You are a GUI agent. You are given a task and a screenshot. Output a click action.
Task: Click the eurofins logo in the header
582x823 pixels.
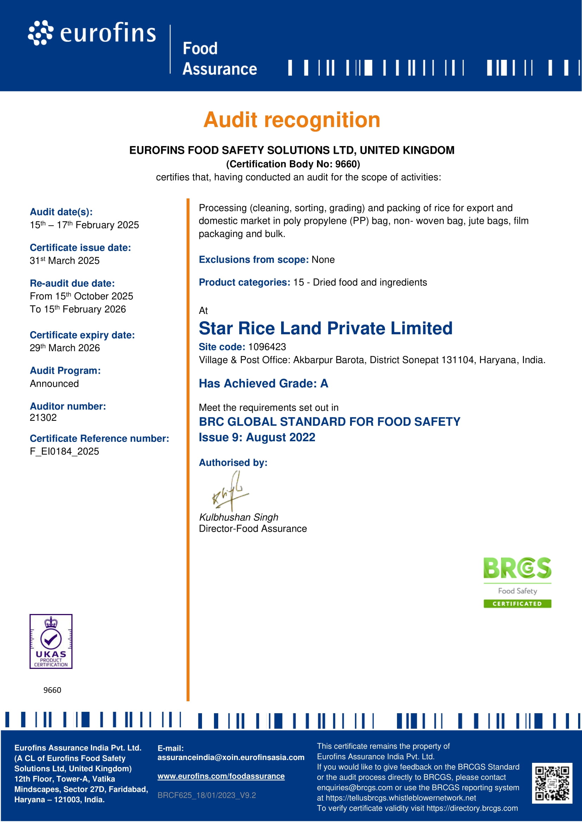click(92, 33)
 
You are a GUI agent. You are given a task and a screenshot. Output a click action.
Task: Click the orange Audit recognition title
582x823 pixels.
click(292, 120)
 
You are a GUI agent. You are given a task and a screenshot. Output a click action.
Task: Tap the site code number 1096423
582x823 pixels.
click(267, 347)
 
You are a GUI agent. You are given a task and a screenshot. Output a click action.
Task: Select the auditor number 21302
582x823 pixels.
click(43, 418)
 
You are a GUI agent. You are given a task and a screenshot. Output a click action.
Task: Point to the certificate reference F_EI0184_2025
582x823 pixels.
click(64, 452)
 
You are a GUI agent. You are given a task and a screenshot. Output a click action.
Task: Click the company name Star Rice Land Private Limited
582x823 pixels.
click(325, 328)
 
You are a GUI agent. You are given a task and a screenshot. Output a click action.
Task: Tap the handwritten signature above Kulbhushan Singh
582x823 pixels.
click(230, 491)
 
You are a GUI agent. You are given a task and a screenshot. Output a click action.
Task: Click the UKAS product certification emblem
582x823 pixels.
click(51, 642)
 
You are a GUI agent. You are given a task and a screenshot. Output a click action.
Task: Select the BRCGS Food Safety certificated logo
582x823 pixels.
click(517, 582)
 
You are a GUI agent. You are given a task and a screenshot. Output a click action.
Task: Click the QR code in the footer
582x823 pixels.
click(552, 784)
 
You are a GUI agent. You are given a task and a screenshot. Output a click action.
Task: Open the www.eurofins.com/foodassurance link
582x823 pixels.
click(221, 777)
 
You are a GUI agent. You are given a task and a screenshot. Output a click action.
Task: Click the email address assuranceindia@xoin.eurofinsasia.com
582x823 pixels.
click(231, 758)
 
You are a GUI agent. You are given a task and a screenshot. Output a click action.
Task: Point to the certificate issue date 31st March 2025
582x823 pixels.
click(64, 261)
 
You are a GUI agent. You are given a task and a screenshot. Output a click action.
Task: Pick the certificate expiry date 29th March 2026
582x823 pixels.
click(65, 348)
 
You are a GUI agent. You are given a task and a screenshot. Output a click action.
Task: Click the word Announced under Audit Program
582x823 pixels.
click(55, 384)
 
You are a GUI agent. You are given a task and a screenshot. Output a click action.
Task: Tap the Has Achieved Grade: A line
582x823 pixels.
click(264, 384)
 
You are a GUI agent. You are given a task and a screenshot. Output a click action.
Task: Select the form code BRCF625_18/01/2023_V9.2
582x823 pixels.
click(207, 796)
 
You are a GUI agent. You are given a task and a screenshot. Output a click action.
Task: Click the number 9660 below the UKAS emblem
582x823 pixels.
click(52, 690)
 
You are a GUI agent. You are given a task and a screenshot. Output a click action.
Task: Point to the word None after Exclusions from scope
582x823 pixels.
click(323, 260)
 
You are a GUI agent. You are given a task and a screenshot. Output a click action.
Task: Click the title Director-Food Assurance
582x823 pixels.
click(253, 529)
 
